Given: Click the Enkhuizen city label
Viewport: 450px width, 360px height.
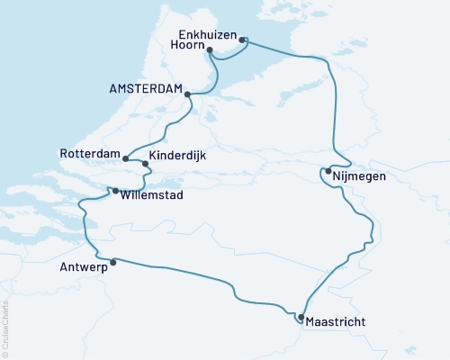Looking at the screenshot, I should point(203,36).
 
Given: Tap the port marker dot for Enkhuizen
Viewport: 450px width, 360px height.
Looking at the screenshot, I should point(242,38).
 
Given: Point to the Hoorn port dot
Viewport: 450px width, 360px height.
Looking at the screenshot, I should point(210,50).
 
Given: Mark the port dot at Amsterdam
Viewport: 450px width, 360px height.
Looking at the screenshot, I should point(186,93).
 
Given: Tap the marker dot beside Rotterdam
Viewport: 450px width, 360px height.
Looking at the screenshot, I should point(125,160).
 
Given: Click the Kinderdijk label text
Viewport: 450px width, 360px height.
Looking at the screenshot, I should point(176,156).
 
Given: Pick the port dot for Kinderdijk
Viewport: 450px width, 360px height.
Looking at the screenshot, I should point(146,164).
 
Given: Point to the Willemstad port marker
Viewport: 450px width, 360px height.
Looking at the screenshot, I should point(114,190).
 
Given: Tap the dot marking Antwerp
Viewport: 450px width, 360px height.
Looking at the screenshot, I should point(112,263).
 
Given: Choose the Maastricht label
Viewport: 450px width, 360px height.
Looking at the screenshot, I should point(336,321).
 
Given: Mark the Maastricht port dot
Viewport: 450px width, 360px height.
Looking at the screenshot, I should point(301,317).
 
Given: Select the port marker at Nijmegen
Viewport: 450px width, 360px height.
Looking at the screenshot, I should point(328,171).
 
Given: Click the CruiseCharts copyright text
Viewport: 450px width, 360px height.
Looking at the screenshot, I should point(5,328).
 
